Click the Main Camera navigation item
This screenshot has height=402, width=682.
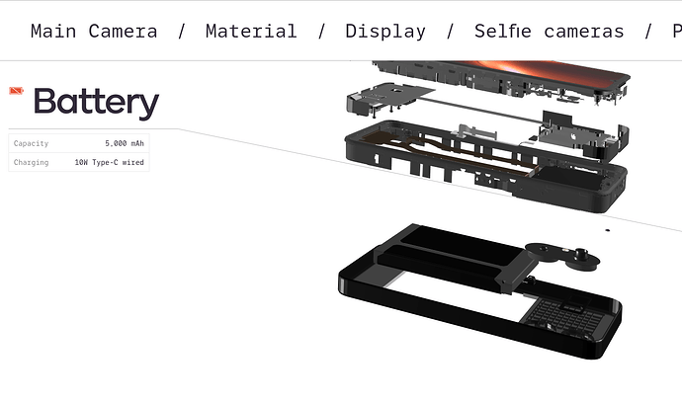click(x=94, y=32)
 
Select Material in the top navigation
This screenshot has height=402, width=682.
click(x=251, y=32)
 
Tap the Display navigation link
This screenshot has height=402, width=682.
click(x=385, y=32)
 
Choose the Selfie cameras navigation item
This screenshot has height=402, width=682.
click(x=549, y=32)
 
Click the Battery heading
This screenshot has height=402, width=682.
click(x=97, y=103)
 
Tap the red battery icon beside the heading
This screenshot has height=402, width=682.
click(x=16, y=91)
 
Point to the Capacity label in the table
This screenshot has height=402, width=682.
click(x=31, y=143)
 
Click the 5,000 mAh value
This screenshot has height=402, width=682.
click(x=125, y=143)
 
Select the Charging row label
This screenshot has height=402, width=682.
click(x=31, y=163)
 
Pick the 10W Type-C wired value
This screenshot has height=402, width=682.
click(x=109, y=163)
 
